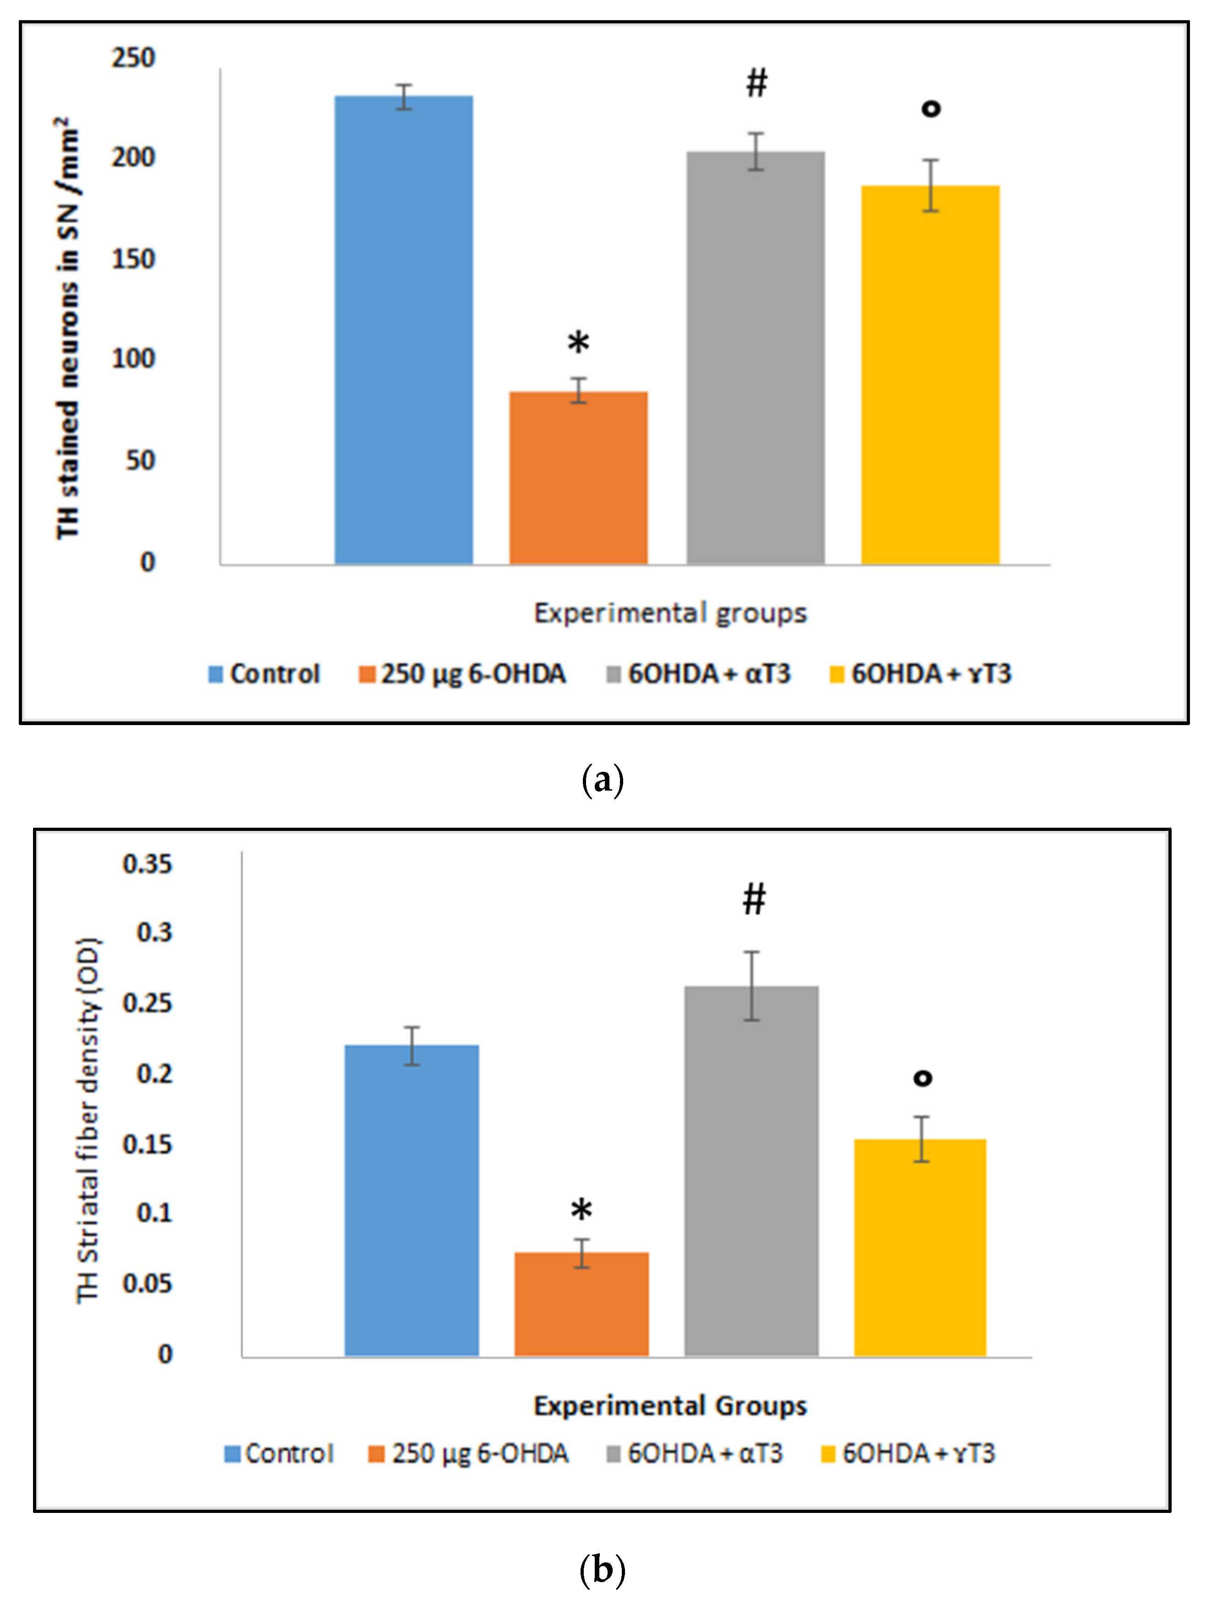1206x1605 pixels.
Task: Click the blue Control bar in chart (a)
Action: pyautogui.click(x=404, y=330)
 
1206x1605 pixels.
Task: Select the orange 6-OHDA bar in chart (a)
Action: pyautogui.click(x=578, y=478)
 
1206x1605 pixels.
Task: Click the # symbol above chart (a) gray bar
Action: pyautogui.click(x=756, y=83)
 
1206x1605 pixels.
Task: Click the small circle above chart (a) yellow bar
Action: pyautogui.click(x=931, y=109)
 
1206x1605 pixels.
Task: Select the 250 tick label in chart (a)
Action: pyautogui.click(x=133, y=58)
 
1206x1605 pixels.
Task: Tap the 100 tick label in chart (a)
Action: pyautogui.click(x=133, y=359)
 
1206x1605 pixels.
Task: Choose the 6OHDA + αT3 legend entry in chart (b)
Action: pyautogui.click(x=695, y=1453)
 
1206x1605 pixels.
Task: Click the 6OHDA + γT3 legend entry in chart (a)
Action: pyautogui.click(x=921, y=674)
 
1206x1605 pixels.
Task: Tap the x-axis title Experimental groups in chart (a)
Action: pyautogui.click(x=670, y=613)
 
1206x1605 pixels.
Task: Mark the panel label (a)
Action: pyautogui.click(x=602, y=780)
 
